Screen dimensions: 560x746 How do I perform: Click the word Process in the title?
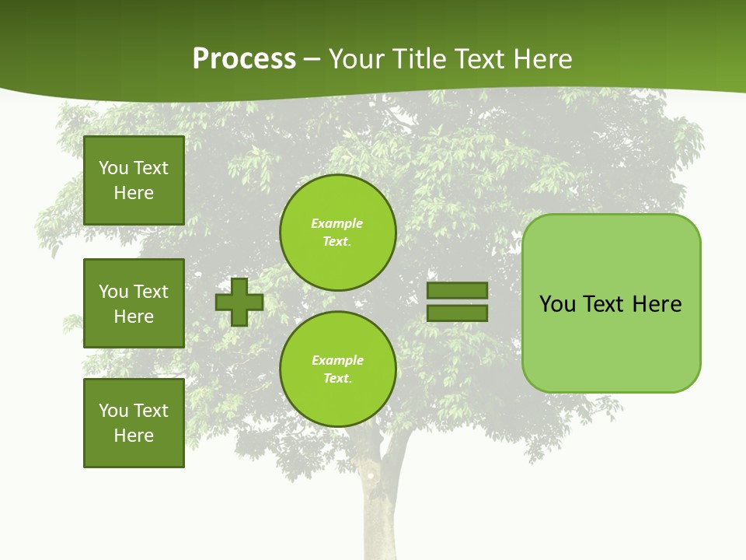click(244, 59)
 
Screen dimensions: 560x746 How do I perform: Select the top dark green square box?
click(134, 180)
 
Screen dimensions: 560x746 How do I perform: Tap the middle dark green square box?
click(134, 303)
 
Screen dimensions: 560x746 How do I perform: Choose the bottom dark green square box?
click(134, 423)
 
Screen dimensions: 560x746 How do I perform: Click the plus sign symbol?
click(239, 302)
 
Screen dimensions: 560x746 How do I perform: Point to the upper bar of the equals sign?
click(458, 290)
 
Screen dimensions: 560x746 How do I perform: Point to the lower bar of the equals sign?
click(458, 313)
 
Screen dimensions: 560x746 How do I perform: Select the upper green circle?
click(338, 233)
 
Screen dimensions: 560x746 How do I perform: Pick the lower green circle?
click(338, 369)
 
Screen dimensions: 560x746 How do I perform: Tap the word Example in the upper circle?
click(336, 223)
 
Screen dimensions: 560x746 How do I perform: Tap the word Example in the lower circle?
click(336, 360)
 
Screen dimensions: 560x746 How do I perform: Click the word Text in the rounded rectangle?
click(605, 304)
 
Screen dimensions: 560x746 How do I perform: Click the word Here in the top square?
click(134, 193)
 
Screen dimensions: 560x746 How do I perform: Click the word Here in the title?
click(544, 59)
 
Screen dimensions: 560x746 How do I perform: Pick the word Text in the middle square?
click(151, 292)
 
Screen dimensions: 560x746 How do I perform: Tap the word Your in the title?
click(357, 59)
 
